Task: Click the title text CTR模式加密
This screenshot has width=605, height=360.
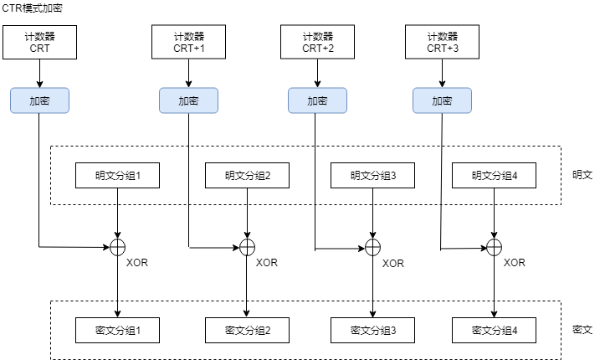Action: click(x=32, y=8)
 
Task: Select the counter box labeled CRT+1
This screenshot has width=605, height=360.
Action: click(x=188, y=42)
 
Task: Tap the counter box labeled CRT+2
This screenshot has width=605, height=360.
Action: click(x=317, y=42)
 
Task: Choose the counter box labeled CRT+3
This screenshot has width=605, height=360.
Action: click(x=442, y=42)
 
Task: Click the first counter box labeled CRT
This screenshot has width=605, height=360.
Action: click(x=39, y=42)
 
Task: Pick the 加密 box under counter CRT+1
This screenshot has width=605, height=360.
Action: click(x=188, y=100)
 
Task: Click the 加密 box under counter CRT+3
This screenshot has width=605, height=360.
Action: click(x=442, y=100)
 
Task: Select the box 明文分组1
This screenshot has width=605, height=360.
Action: click(x=117, y=176)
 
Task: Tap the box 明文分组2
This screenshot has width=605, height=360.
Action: click(x=247, y=176)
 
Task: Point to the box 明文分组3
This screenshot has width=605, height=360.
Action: click(x=372, y=176)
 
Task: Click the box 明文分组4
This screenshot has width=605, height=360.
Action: click(x=495, y=176)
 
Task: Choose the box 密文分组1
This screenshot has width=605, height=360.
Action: click(x=117, y=331)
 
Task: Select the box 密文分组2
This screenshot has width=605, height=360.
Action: click(x=247, y=331)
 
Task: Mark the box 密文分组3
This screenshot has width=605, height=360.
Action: click(x=372, y=331)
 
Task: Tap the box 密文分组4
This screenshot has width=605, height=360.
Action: click(x=495, y=331)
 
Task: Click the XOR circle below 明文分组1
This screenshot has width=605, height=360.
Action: click(x=117, y=246)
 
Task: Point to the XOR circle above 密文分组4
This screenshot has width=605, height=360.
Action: click(x=495, y=247)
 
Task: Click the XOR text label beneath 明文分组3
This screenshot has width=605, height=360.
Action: click(x=392, y=264)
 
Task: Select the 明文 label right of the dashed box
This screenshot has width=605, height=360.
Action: click(x=582, y=176)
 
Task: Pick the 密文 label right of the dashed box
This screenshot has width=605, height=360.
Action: click(x=582, y=330)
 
